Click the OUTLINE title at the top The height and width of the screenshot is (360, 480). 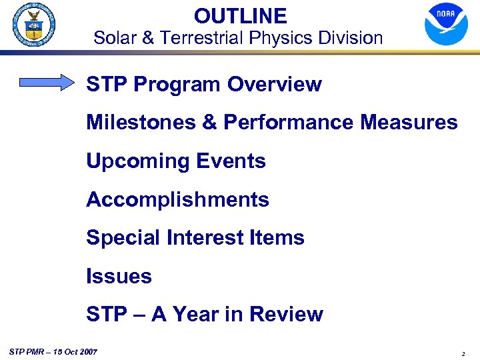(240, 15)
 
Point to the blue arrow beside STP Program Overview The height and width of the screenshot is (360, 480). (48, 83)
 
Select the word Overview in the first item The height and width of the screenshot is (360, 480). (274, 85)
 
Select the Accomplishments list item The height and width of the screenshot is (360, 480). (177, 200)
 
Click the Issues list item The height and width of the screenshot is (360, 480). (119, 276)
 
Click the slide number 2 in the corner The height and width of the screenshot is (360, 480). (463, 353)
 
